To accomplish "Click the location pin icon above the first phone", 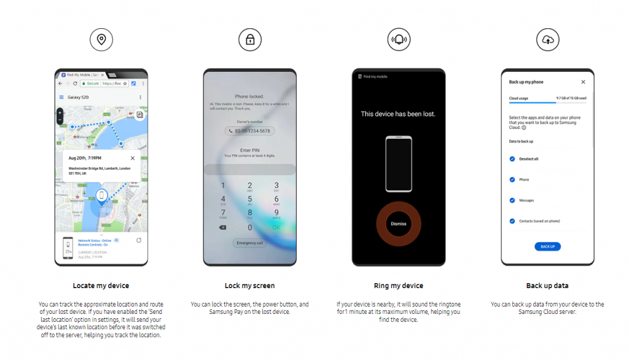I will click(x=101, y=40).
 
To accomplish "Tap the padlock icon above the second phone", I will click(x=250, y=40).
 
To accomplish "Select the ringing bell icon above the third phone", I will click(x=399, y=40).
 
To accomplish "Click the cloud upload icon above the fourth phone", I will click(x=547, y=40).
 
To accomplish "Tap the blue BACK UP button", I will click(x=547, y=246).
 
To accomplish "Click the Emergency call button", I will click(x=250, y=243).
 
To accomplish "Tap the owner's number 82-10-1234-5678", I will click(x=250, y=131).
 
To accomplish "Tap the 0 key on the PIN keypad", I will click(x=249, y=227).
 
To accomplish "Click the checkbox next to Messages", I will click(x=512, y=200).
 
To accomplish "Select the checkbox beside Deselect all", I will click(x=512, y=159).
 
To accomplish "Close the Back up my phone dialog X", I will click(x=583, y=82).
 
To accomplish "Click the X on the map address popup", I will click(x=133, y=158).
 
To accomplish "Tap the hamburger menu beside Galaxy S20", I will click(x=61, y=97).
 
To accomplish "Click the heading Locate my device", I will click(x=101, y=286).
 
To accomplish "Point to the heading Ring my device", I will click(x=399, y=286).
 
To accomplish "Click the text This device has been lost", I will click(x=398, y=114).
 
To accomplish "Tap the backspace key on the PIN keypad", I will click(x=222, y=227).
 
